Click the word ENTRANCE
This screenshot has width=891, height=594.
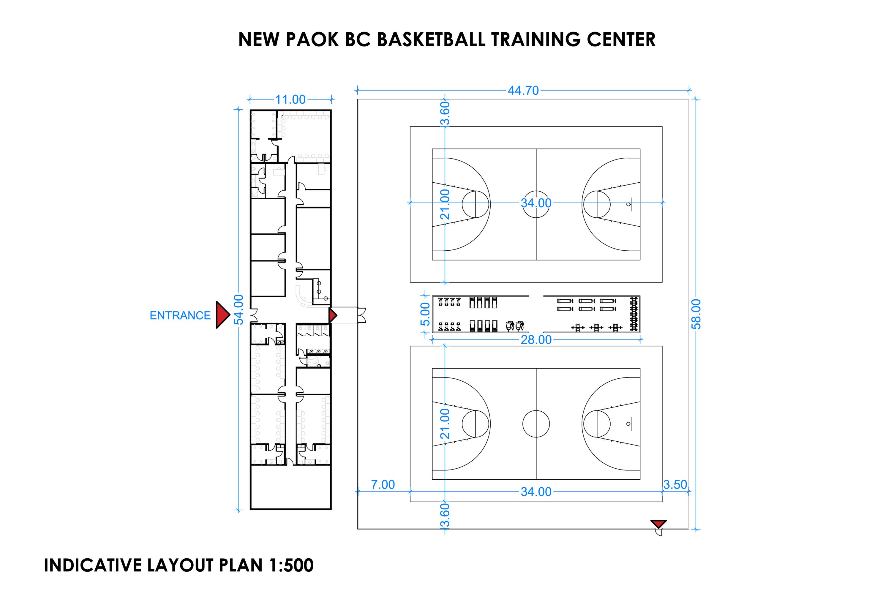pyautogui.click(x=180, y=315)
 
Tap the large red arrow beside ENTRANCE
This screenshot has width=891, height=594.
pyautogui.click(x=223, y=315)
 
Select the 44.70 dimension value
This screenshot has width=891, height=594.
pyautogui.click(x=523, y=91)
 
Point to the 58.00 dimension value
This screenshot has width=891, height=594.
pyautogui.click(x=696, y=314)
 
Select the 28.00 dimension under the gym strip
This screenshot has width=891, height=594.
pyautogui.click(x=536, y=340)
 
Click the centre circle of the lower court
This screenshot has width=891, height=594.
pyautogui.click(x=536, y=424)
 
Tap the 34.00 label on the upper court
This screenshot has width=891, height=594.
pyautogui.click(x=536, y=203)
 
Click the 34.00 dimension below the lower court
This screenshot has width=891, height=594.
pyautogui.click(x=536, y=492)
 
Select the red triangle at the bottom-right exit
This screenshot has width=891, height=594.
pyautogui.click(x=659, y=524)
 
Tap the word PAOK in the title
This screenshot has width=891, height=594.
pyautogui.click(x=312, y=40)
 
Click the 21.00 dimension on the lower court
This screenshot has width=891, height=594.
pyautogui.click(x=445, y=424)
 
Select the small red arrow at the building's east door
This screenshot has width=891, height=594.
pyautogui.click(x=333, y=315)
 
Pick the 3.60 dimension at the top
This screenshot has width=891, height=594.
pyautogui.click(x=445, y=113)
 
